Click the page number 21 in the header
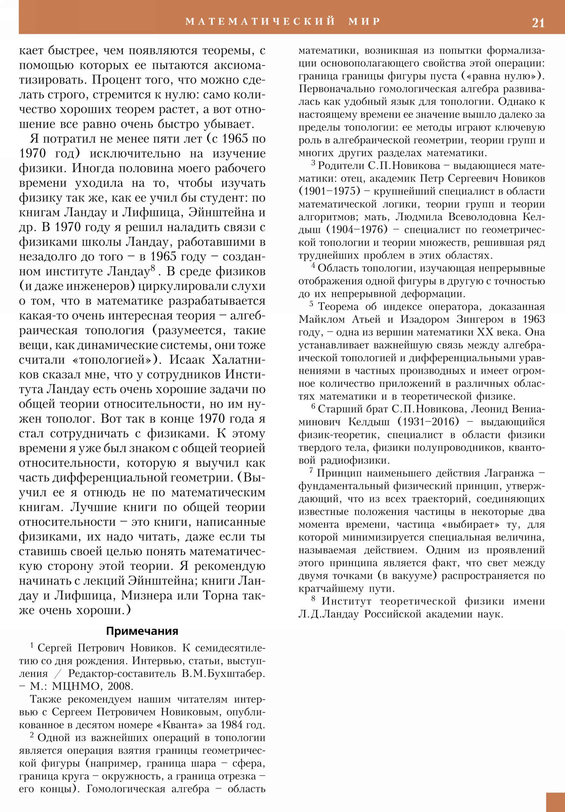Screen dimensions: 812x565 coord(538,23)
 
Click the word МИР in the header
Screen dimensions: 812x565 coord(364,21)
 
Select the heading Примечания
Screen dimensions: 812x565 coord(142,631)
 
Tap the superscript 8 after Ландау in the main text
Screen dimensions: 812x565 coord(153,268)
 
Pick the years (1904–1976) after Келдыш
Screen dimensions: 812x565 coord(357,230)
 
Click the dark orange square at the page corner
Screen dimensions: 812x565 coord(555,802)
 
